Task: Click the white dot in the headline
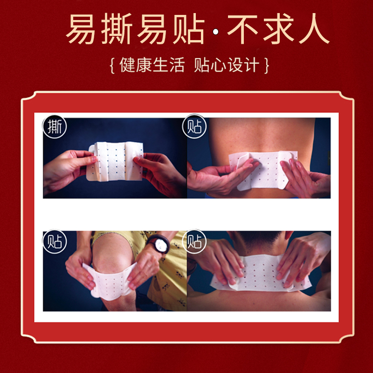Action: [x=215, y=32]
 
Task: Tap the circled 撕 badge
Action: [x=55, y=126]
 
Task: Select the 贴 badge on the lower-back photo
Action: [x=194, y=126]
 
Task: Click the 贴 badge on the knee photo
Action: [x=55, y=242]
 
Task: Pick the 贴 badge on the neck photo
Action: [x=194, y=242]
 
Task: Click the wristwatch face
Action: [x=160, y=244]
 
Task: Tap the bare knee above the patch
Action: [x=112, y=252]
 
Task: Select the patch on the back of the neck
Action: [x=261, y=274]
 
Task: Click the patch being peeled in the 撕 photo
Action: [x=116, y=162]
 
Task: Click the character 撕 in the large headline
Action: [x=117, y=29]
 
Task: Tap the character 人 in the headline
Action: [x=314, y=29]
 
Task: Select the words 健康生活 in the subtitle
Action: [x=152, y=65]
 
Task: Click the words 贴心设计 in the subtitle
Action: [x=227, y=65]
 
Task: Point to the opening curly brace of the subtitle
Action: [x=112, y=65]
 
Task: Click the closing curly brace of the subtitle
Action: [x=267, y=65]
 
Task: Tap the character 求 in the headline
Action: [x=278, y=29]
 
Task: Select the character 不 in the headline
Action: [x=242, y=29]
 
